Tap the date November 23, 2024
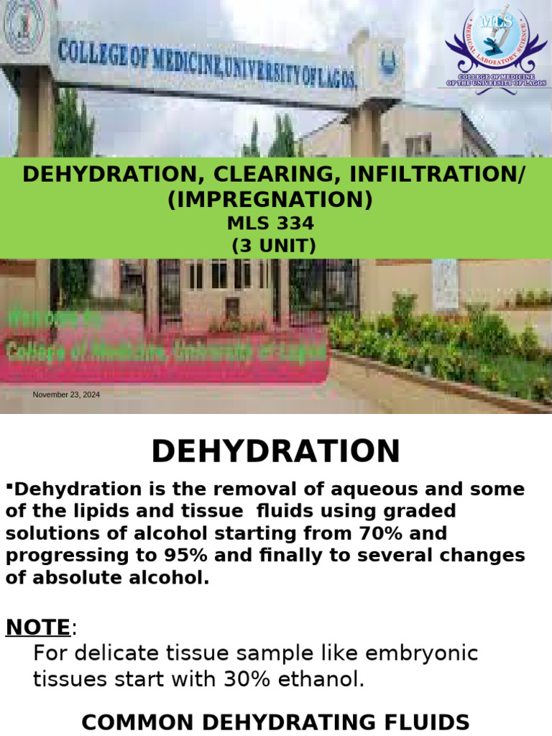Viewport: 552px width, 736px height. coord(67,395)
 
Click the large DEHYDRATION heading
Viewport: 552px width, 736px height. coord(276,451)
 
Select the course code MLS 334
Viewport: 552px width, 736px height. coord(270,224)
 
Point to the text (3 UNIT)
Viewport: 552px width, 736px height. coord(273,246)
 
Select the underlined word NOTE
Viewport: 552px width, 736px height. coord(38,627)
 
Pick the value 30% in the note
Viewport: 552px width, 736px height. coord(253,678)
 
